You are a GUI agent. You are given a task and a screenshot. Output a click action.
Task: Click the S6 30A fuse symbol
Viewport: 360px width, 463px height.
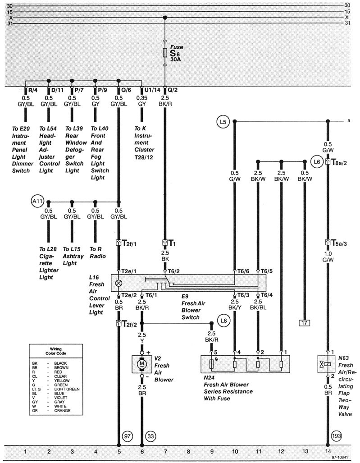click(165, 54)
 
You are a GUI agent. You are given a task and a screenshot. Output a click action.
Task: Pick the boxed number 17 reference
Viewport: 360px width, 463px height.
click(304, 322)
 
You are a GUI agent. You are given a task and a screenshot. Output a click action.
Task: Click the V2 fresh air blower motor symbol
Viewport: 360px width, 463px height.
click(142, 363)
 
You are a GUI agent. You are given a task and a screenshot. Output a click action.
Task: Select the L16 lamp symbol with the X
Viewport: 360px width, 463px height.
click(119, 283)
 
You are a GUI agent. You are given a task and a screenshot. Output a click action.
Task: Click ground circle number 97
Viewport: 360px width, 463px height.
click(128, 437)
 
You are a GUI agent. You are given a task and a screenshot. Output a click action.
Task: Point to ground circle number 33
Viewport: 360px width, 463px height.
click(150, 437)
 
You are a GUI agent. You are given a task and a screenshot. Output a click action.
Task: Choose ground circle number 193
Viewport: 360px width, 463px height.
click(337, 437)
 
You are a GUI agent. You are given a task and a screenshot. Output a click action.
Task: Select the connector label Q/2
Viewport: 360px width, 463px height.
click(173, 90)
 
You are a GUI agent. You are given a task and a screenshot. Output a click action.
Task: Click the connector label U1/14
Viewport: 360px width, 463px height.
click(152, 90)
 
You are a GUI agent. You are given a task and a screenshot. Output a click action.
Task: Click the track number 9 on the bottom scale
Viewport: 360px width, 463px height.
click(212, 451)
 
